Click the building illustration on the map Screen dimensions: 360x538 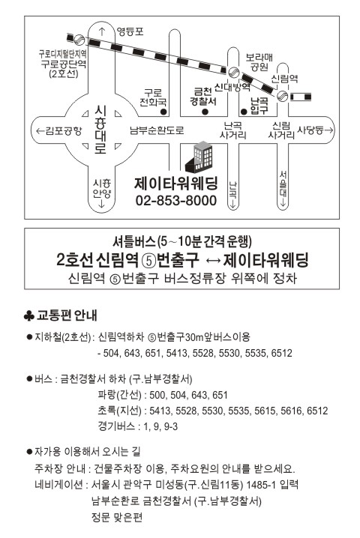coord(199,157)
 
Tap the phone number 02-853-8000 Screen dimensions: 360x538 coord(176,200)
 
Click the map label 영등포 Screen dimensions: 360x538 coord(130,31)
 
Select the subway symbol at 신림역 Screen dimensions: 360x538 coord(283,96)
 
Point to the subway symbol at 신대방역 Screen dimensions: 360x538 coord(233,72)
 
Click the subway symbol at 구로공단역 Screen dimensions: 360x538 coord(79,40)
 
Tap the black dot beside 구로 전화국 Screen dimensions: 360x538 coord(163,112)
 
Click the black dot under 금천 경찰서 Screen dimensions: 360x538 coord(205,112)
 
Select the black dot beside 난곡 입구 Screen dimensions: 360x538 coord(244,112)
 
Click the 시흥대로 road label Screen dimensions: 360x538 coord(100,130)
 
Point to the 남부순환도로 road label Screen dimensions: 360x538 coord(157,130)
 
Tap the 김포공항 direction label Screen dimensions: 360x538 coord(59,130)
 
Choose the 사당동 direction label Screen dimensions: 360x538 coord(315,130)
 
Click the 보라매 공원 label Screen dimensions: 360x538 coord(259,61)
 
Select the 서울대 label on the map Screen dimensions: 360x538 coord(283,185)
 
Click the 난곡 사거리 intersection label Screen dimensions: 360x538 coord(233,130)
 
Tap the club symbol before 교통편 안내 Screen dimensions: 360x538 coord(28,315)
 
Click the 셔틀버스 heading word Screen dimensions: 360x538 coord(134,242)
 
